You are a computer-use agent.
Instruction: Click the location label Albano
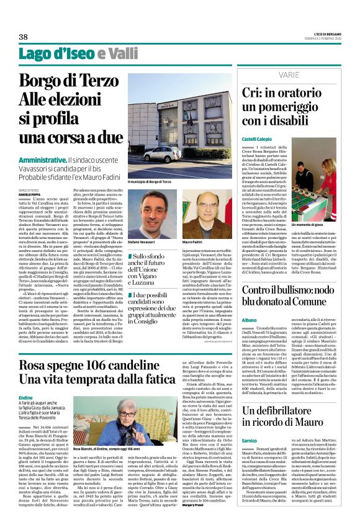(249, 318)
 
